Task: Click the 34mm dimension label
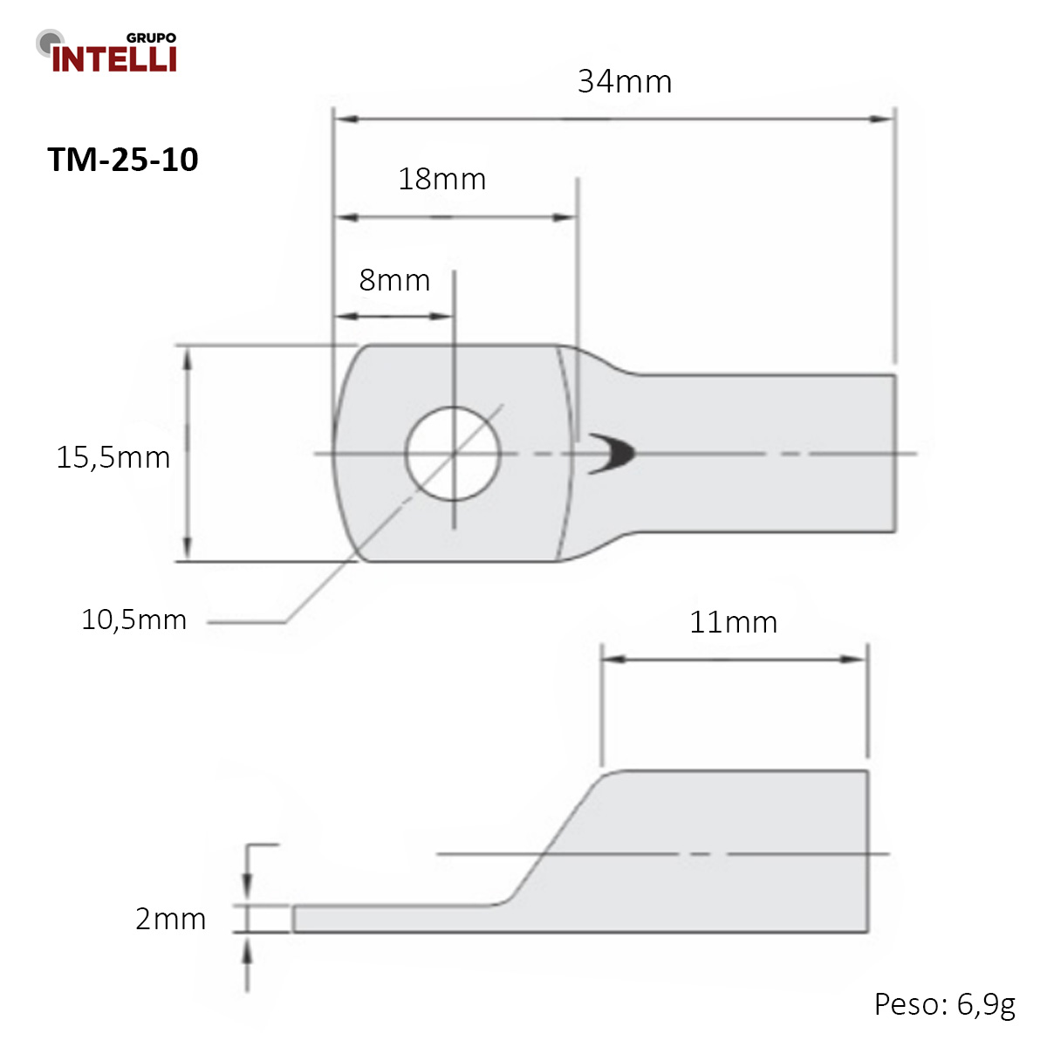point(625,81)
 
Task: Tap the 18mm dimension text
point(441,179)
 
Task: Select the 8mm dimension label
point(394,280)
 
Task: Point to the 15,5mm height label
point(113,457)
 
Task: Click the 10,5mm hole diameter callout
point(133,620)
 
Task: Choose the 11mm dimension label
point(733,622)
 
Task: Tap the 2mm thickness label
point(171,920)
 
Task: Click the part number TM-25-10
point(123,159)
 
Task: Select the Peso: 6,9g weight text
point(944,1004)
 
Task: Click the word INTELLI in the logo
point(114,58)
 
